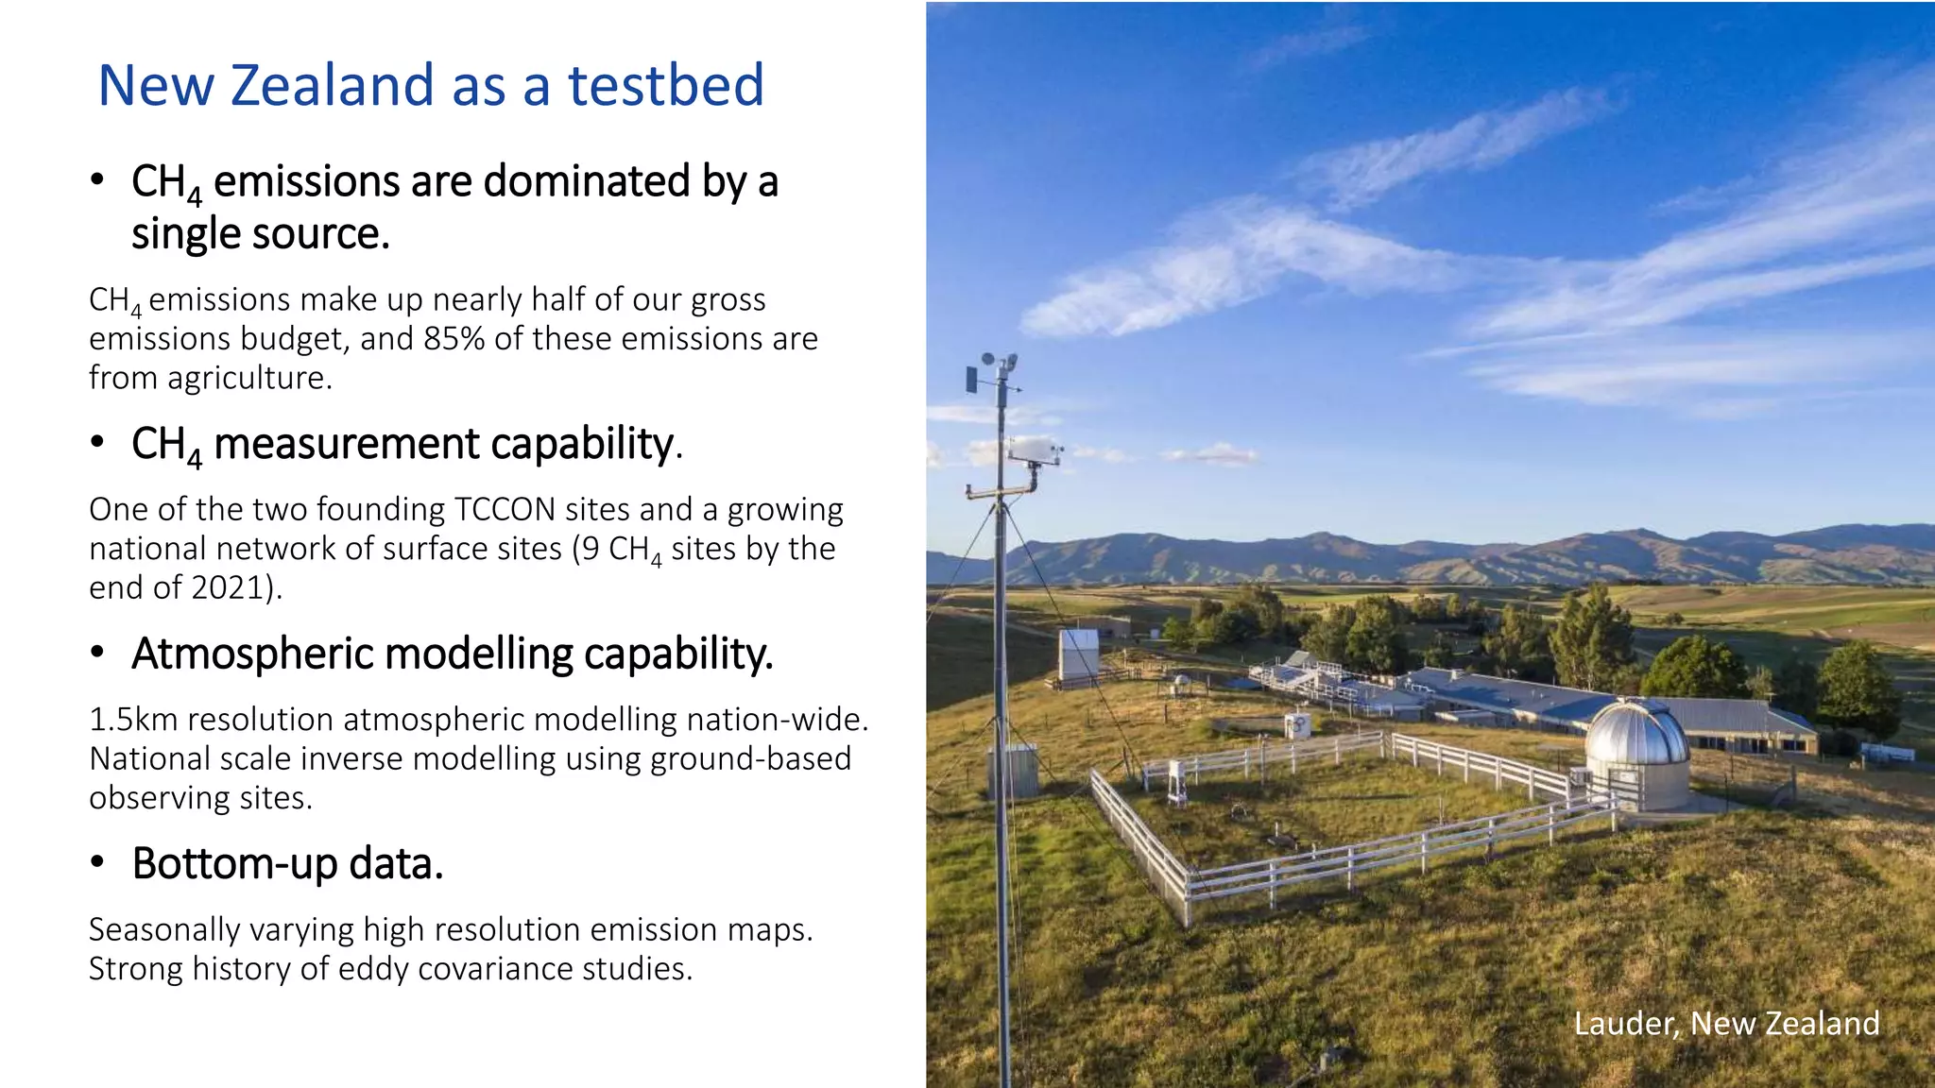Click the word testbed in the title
click(665, 85)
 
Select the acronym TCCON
click(505, 509)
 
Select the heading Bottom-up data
click(287, 863)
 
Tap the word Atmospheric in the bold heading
click(252, 654)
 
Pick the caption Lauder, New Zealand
click(1725, 1023)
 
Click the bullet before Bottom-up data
click(96, 863)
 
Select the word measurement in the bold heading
click(347, 444)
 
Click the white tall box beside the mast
click(1078, 654)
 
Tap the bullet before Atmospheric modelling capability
click(96, 654)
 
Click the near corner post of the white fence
click(1187, 897)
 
